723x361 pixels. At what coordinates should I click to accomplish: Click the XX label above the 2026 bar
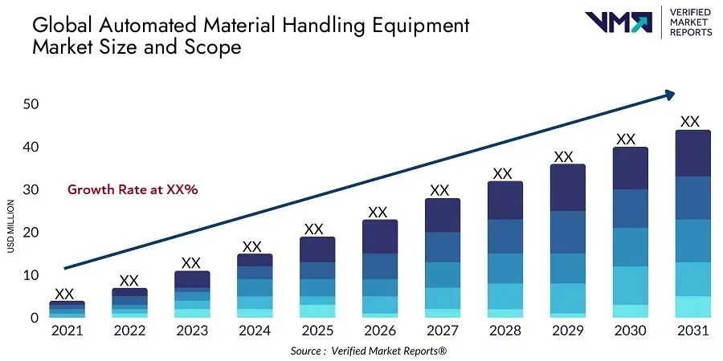click(378, 212)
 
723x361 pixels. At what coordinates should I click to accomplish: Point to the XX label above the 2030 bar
click(626, 139)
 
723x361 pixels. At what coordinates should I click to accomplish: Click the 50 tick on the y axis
click(31, 104)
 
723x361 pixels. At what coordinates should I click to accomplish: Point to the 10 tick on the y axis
click(31, 275)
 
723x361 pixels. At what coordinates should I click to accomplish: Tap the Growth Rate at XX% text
click(133, 190)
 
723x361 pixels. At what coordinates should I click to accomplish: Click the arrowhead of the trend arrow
click(668, 95)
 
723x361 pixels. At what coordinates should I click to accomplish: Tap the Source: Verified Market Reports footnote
click(368, 351)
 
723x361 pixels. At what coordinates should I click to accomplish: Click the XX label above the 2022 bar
click(128, 280)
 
